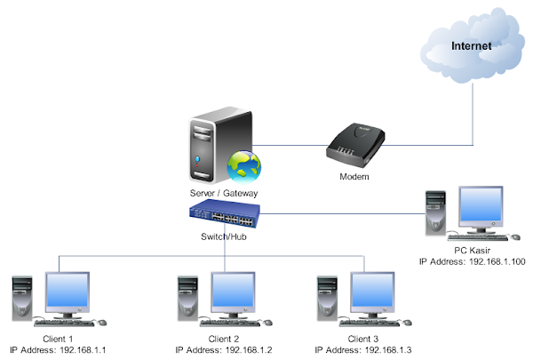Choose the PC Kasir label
[x=472, y=251]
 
